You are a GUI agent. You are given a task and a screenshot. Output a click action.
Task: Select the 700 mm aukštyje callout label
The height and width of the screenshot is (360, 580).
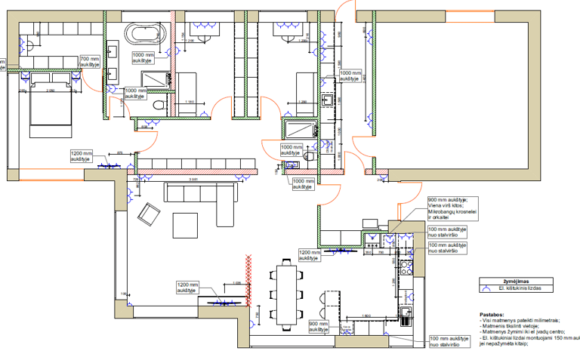coord(89,62)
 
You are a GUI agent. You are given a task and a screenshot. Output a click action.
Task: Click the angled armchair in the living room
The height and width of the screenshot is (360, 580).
coord(147,216)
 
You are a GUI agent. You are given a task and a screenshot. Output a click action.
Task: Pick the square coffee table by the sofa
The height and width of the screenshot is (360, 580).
coord(184,224)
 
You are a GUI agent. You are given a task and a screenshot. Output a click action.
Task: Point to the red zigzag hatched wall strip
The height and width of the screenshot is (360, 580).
coord(245,281)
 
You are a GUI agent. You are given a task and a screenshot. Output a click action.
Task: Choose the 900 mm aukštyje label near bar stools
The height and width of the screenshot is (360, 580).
coord(319,325)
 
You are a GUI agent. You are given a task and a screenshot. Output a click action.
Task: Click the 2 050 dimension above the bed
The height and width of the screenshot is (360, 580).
coord(51,91)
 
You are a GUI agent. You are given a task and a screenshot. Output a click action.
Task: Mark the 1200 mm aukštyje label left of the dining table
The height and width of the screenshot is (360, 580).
coord(187,288)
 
